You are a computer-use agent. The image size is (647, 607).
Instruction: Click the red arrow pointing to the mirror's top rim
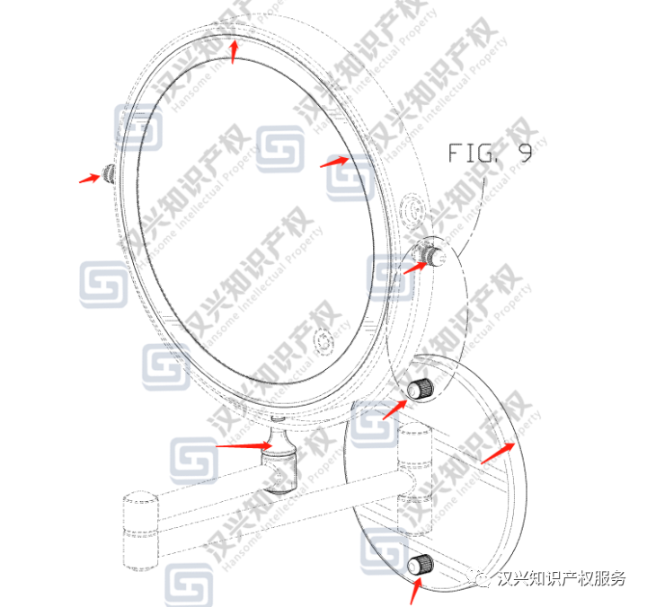click(x=235, y=50)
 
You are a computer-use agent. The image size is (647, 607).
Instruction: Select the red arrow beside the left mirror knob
click(x=88, y=178)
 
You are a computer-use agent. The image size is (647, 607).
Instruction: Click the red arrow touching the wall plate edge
click(x=497, y=453)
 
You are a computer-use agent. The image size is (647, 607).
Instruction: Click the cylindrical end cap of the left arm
click(x=140, y=532)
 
